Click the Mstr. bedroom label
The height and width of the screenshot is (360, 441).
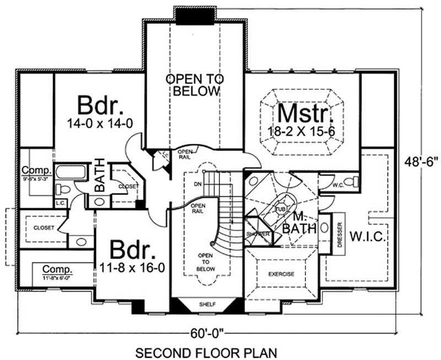(x=305, y=114)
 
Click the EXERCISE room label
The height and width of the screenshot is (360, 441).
(x=281, y=274)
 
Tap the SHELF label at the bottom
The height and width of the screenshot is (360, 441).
(x=207, y=304)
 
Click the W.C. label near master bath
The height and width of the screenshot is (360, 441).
(x=338, y=186)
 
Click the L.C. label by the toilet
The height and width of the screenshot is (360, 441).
(x=61, y=203)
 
